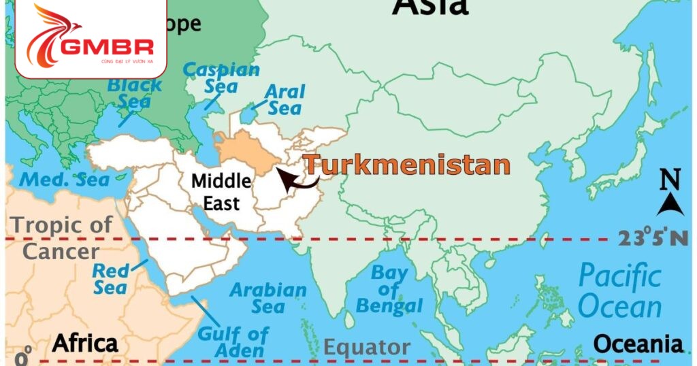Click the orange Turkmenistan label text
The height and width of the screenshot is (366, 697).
click(406, 165)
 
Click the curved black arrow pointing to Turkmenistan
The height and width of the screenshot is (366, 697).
click(299, 181)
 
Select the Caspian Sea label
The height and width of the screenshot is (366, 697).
click(221, 78)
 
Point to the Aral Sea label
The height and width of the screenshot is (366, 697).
click(285, 99)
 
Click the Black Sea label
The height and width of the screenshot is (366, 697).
click(135, 93)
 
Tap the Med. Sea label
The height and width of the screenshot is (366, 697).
click(64, 180)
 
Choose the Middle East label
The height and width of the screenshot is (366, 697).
click(221, 192)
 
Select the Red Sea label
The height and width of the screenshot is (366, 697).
click(110, 279)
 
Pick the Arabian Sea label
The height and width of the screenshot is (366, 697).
click(268, 298)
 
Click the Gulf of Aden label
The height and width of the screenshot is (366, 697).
click(233, 342)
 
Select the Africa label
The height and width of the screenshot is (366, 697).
click(85, 342)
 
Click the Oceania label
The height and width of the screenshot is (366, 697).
click(638, 344)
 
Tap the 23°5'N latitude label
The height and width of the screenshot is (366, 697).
click(653, 238)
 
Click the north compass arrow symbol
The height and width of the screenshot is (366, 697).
click(670, 203)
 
